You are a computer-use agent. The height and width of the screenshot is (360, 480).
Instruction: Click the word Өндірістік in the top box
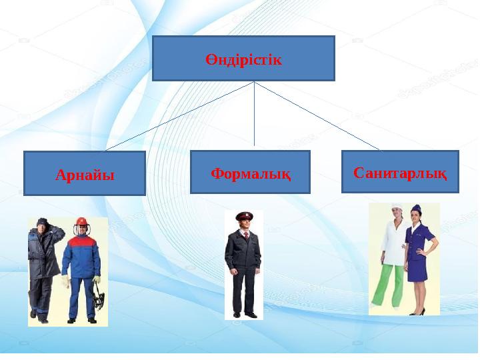[243, 60]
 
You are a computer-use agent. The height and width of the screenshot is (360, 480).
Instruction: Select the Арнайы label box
[85, 175]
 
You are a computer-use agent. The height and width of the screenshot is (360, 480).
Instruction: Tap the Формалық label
[250, 173]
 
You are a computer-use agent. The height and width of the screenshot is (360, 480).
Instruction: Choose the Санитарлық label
[400, 172]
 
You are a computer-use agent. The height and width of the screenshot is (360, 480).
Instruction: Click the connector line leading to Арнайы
[180, 116]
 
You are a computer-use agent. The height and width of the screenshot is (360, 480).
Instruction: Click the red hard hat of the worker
[83, 221]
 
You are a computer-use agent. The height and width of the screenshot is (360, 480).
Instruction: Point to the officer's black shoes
[243, 314]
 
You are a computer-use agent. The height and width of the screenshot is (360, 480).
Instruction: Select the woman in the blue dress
[418, 260]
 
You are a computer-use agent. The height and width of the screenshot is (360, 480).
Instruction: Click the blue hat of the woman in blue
[417, 209]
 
